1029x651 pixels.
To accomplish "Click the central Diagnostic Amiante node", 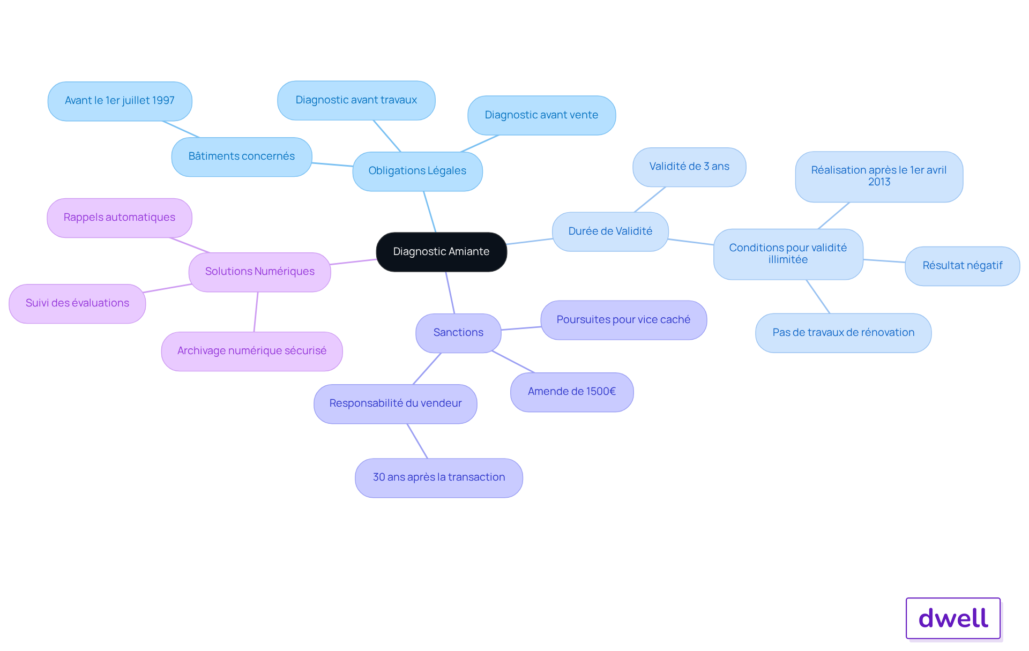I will click(441, 252).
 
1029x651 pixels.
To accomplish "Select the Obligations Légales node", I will click(417, 171).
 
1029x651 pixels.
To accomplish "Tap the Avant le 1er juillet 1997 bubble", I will click(120, 101).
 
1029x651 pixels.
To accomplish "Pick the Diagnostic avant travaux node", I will click(356, 100).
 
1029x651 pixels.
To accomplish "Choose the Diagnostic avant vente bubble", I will click(541, 115).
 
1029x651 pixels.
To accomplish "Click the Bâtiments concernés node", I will click(241, 156).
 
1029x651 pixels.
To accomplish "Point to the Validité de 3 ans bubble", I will click(689, 167).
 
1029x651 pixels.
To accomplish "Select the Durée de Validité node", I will click(610, 231).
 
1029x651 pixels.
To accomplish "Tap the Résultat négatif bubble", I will click(962, 266).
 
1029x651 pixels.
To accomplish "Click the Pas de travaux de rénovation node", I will click(843, 333).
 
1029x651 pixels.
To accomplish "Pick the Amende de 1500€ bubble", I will click(572, 392).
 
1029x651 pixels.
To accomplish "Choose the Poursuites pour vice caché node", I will click(623, 320).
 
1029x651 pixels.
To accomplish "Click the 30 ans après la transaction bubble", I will click(438, 477).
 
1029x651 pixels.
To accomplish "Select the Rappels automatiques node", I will click(119, 218).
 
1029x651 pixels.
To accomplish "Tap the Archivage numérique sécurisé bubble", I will click(251, 351).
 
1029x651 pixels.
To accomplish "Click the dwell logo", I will click(953, 618).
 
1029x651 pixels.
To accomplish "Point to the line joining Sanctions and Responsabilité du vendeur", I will click(427, 369).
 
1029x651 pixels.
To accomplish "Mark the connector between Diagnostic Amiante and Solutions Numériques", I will click(353, 261).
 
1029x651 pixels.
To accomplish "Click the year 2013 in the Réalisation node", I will click(879, 182).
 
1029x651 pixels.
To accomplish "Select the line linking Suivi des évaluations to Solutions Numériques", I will click(167, 288).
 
